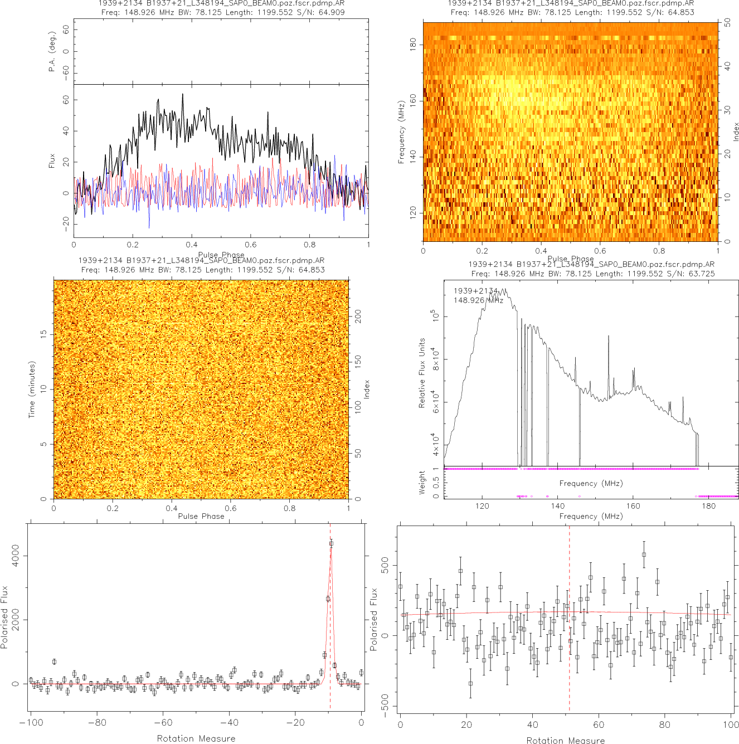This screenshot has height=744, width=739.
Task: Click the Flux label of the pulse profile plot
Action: coord(52,161)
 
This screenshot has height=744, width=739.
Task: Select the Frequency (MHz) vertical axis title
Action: coord(401,132)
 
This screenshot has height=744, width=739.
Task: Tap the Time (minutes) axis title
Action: coord(32,390)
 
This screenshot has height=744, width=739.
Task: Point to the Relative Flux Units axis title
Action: coord(422,373)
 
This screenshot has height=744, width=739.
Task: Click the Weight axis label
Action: coord(422,483)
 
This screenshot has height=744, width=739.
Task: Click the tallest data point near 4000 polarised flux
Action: coord(331,543)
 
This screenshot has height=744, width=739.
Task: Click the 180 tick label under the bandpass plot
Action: coord(708,507)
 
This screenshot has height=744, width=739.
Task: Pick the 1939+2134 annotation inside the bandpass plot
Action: coord(475,291)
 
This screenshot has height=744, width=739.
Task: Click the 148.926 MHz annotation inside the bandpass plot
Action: coord(478,300)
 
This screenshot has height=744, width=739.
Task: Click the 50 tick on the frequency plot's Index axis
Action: coord(728,23)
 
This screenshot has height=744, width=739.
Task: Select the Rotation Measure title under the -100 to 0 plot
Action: coord(196,738)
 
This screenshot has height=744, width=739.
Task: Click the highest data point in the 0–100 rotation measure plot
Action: coord(644,555)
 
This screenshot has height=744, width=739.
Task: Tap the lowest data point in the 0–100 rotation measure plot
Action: coord(470,683)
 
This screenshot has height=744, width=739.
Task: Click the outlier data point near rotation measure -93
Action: coord(54,662)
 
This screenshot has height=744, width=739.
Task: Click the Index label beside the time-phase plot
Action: coord(367,389)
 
